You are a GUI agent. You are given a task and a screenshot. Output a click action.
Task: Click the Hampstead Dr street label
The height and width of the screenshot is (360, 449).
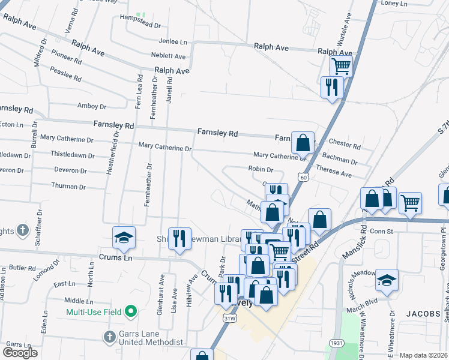pyautogui.click(x=140, y=26)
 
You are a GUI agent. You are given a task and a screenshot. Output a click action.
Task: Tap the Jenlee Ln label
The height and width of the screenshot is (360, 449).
pyautogui.click(x=173, y=42)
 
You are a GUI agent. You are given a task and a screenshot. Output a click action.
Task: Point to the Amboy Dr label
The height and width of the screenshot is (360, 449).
pyautogui.click(x=92, y=106)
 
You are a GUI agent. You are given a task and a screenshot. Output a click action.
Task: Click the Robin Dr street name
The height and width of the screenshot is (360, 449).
pyautogui.click(x=261, y=169)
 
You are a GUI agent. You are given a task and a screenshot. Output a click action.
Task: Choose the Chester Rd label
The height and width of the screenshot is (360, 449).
pyautogui.click(x=345, y=146)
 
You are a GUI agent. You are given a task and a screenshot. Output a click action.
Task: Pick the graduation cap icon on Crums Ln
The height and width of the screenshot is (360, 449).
pyautogui.click(x=124, y=238)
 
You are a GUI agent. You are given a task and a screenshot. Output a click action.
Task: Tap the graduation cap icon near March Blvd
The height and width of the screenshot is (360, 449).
pyautogui.click(x=387, y=280)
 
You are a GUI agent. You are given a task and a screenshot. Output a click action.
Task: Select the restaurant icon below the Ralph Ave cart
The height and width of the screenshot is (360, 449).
pyautogui.click(x=331, y=88)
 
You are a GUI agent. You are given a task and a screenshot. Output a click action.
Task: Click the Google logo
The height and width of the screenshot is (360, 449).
pyautogui.click(x=20, y=353)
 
